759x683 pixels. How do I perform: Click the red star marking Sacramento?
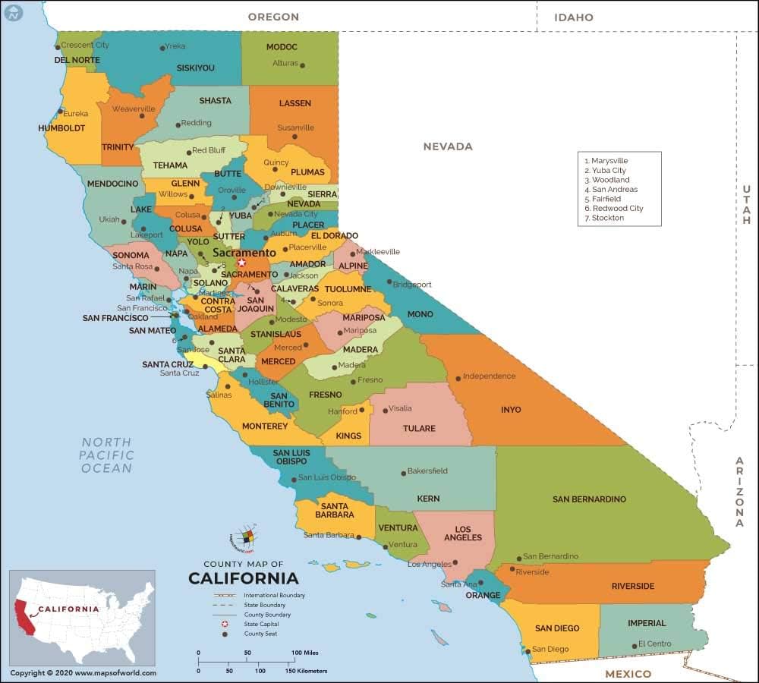point(241,263)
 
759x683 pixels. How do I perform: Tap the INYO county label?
point(511,410)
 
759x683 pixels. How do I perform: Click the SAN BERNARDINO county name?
point(589,499)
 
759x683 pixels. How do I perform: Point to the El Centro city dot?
point(635,646)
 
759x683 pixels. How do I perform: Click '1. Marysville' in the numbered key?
point(606,161)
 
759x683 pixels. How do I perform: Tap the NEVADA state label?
point(448,146)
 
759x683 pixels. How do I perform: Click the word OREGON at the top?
point(273,17)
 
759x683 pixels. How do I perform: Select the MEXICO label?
point(628,674)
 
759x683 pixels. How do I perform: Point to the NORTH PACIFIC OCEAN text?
point(107,455)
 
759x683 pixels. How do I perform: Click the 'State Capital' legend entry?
point(260,624)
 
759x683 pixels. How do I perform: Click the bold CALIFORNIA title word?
point(244,578)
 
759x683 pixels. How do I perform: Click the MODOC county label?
point(282,47)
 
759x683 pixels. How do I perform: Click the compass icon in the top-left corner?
point(11,11)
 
